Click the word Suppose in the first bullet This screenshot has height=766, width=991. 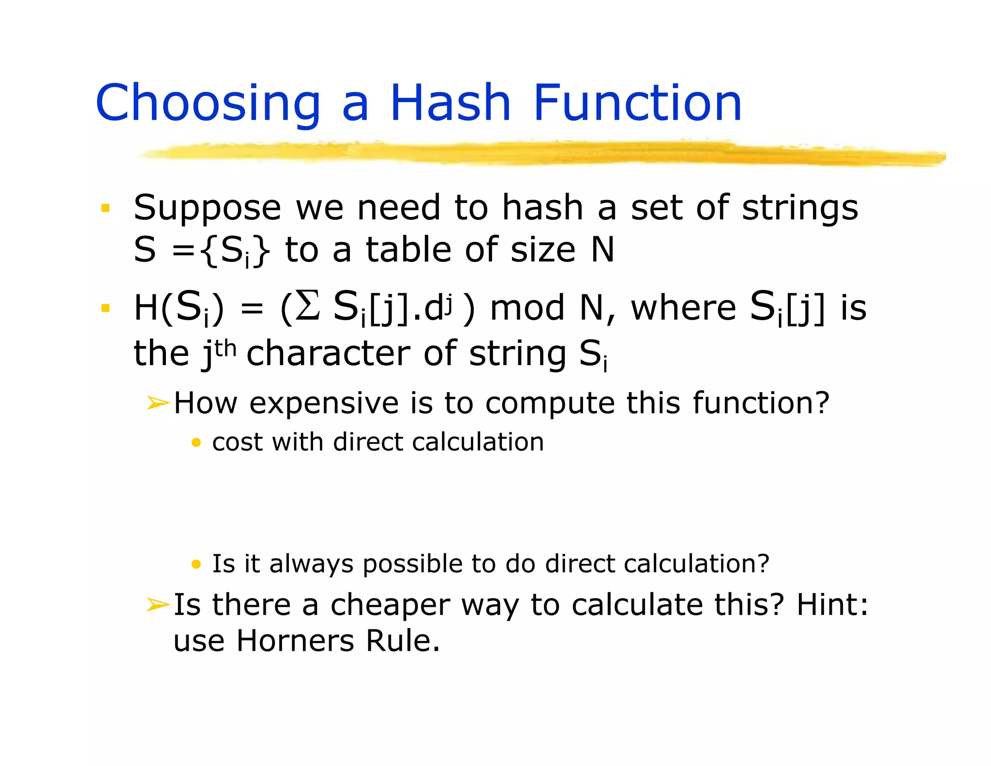tap(207, 208)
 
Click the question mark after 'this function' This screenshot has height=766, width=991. tap(822, 403)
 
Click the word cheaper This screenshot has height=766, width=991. tap(390, 605)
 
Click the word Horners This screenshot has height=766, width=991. tap(295, 641)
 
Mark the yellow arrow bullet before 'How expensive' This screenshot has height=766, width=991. tap(158, 403)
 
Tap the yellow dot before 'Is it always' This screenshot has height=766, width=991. tap(196, 564)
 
